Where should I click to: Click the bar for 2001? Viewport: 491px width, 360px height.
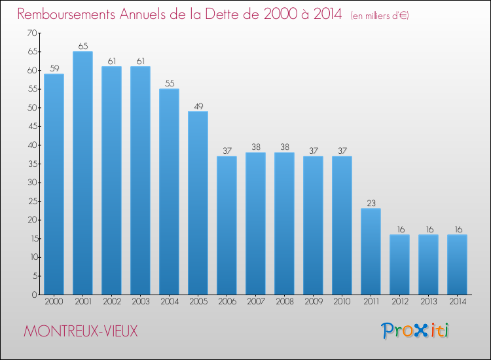coord(82,173)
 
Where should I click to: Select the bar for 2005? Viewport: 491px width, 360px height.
coord(198,203)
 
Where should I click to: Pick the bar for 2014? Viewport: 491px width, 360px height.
coord(457,264)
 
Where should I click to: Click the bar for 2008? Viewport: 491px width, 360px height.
coord(284,223)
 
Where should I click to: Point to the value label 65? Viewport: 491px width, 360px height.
coord(82,46)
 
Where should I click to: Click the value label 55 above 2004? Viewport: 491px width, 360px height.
coord(169,84)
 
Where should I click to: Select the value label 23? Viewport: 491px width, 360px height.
coord(371,204)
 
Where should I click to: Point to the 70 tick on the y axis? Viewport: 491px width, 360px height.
coord(31,33)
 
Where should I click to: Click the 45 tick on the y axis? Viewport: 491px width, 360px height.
coord(31,126)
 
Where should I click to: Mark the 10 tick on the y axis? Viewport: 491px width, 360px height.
coord(31,257)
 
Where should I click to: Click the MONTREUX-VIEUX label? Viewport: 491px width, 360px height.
coord(81,331)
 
